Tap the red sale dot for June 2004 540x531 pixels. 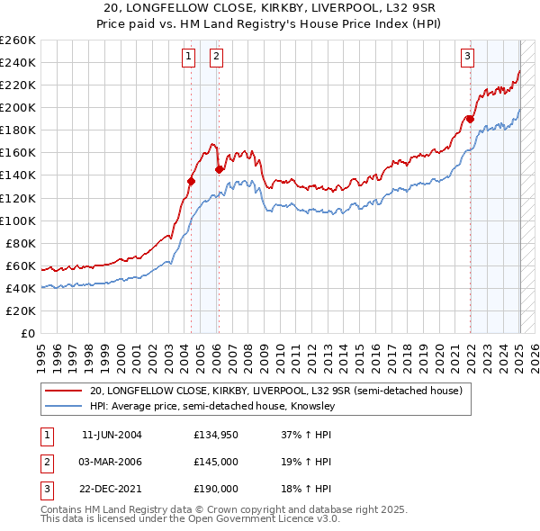191,181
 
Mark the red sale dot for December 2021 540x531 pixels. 470,118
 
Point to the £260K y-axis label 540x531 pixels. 18,40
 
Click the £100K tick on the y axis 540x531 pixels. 18,220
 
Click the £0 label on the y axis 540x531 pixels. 29,333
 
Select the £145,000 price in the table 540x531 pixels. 216,462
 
